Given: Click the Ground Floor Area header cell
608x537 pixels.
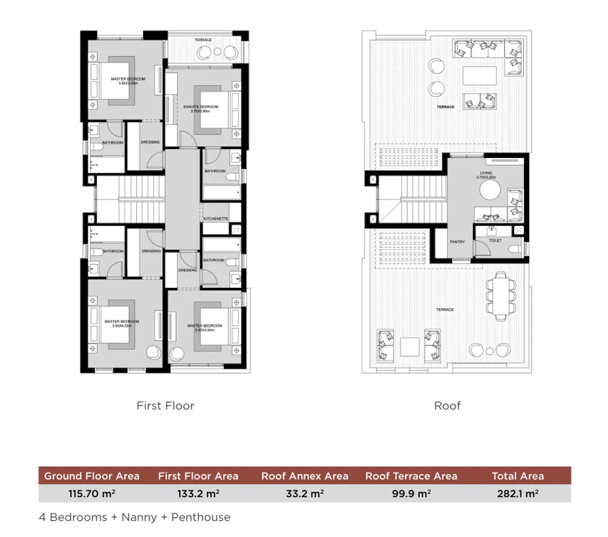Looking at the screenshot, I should [92, 476].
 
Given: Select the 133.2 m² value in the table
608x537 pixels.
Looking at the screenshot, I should [198, 494].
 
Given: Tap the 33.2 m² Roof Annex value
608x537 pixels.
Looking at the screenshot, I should [305, 494].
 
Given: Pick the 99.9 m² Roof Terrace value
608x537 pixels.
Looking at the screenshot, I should [411, 494].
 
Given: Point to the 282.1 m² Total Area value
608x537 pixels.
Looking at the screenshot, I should [518, 494].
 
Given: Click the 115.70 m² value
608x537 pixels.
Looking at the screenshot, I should [92, 494].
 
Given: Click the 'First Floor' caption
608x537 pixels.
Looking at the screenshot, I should [165, 405].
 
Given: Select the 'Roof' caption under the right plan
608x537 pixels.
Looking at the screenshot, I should [447, 405].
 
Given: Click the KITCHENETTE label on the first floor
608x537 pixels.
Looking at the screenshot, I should [216, 219].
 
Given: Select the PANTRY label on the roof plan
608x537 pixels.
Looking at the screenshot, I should [457, 242].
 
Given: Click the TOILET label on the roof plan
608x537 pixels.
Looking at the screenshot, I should [495, 240].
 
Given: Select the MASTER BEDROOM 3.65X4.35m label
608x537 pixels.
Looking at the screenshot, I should [121, 323].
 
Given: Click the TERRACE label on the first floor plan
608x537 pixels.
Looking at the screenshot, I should [203, 40].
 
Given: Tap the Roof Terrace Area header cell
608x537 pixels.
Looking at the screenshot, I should [411, 476].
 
